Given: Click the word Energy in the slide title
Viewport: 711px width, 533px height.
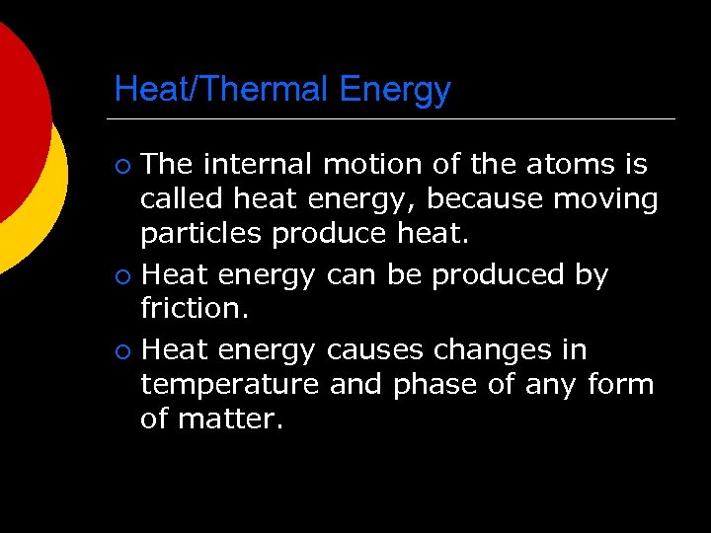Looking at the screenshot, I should pos(395,90).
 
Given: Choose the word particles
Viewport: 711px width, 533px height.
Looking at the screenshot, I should pos(201,235).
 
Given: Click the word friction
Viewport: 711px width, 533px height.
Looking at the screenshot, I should pos(192,308).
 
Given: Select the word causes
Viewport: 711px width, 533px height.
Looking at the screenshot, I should pos(375,349).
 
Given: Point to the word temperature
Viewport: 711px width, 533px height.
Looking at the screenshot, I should pos(230,383).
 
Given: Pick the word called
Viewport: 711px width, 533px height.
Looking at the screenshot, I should pos(183,199).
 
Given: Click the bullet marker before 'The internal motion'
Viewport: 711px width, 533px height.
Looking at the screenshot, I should pos(120,165).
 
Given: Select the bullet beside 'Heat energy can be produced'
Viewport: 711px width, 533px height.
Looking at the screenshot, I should pos(120,275).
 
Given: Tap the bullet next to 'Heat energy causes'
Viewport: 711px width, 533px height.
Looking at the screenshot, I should pos(120,350).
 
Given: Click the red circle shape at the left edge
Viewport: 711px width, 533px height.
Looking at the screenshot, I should pos(18,118).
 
